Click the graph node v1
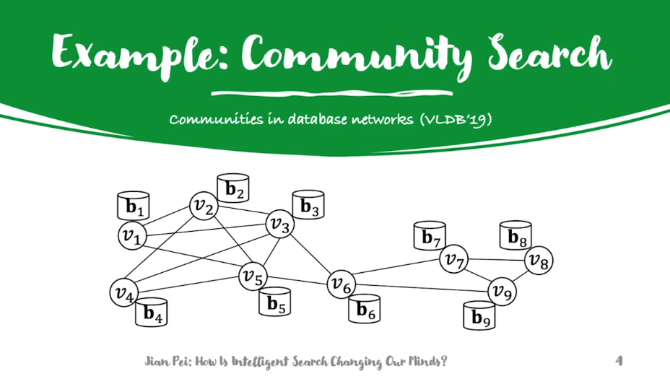pos(131,235)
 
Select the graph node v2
pos(204,207)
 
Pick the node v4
pos(123,292)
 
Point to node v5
pos(253,275)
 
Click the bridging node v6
pos(341,285)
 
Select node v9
pos(502,292)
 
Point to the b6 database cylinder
pos(365,310)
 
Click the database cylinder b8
pos(516,235)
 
